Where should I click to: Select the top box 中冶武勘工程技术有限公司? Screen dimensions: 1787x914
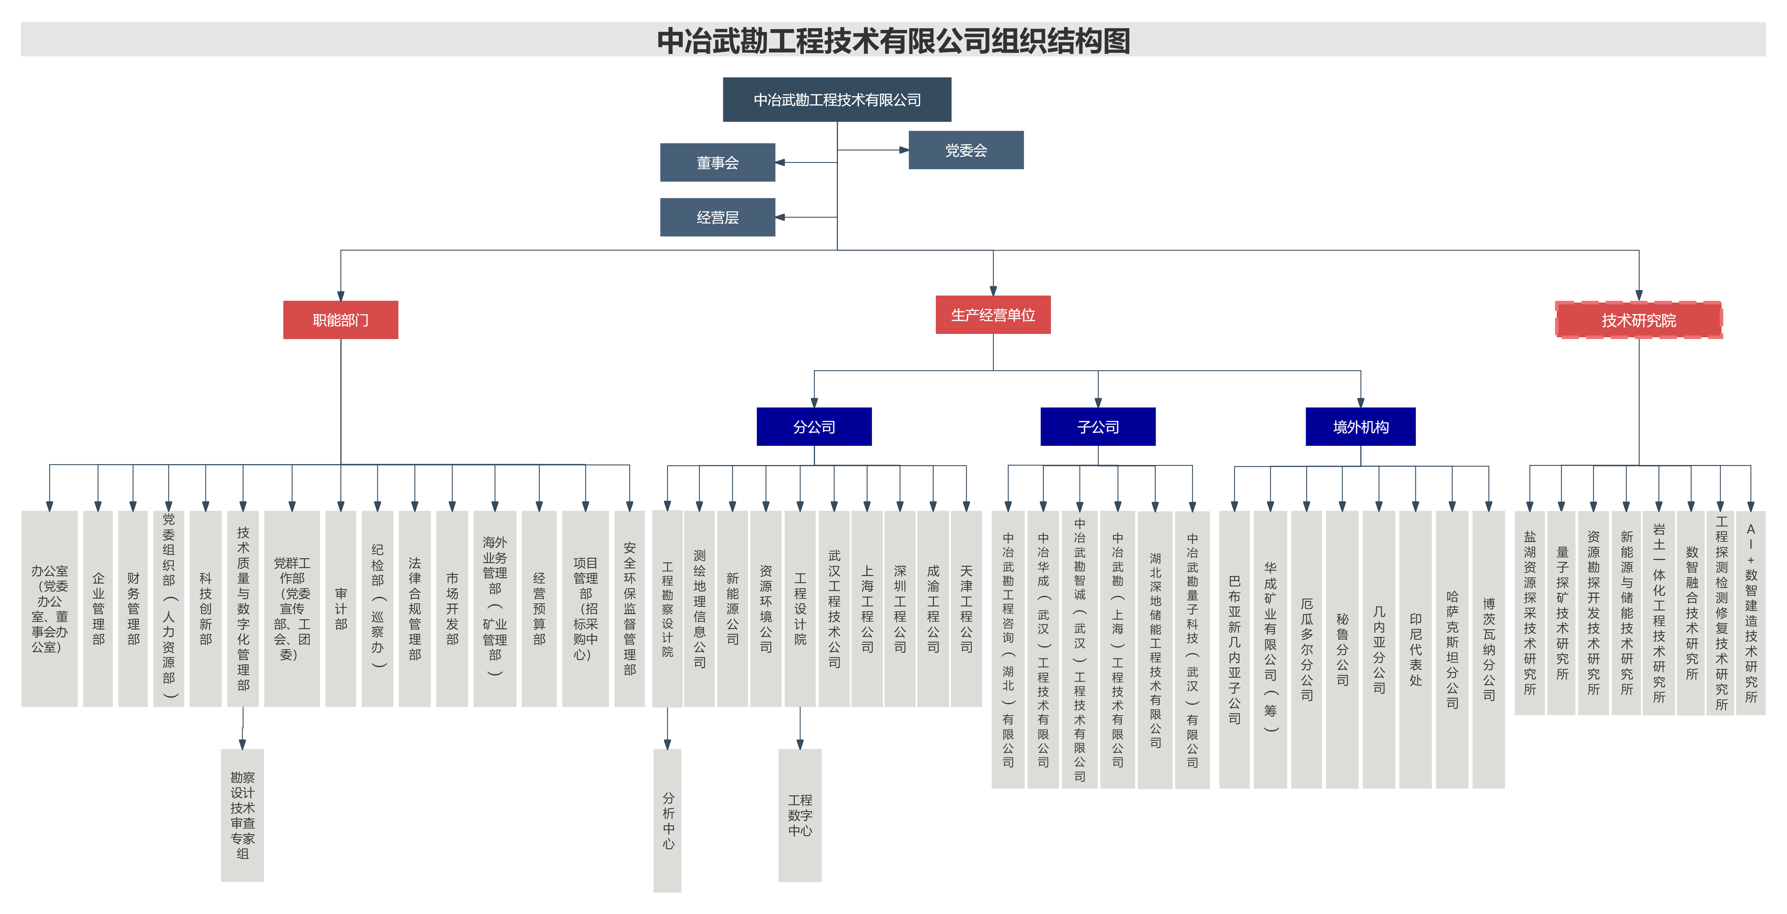[837, 100]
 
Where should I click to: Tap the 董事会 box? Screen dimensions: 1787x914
[717, 162]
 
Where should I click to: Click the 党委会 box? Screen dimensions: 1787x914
[966, 150]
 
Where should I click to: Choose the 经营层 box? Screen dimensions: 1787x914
[717, 217]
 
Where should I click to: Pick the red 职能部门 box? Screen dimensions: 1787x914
[341, 320]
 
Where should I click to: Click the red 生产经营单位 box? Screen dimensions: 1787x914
[993, 315]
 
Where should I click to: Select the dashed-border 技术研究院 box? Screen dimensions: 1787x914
[1638, 320]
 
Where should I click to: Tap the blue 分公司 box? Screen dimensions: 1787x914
[814, 427]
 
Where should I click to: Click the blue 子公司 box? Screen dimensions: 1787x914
[1098, 427]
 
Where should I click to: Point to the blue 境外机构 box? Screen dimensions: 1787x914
[1360, 427]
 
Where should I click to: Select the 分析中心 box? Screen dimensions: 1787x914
[667, 820]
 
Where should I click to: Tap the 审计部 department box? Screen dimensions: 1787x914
[341, 609]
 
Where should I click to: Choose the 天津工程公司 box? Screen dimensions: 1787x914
[966, 609]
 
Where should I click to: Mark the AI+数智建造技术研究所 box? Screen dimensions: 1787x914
[1750, 613]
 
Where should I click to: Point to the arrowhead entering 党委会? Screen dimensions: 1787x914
[904, 150]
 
